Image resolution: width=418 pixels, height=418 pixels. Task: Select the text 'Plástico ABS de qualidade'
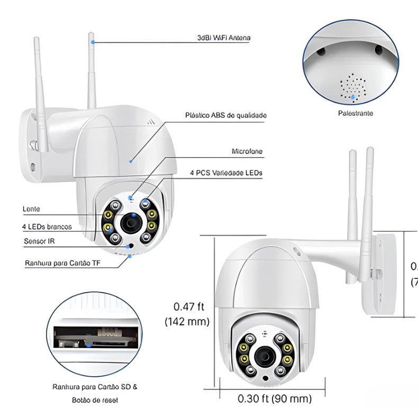coord(226,115)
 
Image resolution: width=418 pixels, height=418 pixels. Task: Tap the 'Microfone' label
coord(247,151)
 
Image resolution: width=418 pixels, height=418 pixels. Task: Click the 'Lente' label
coord(31,210)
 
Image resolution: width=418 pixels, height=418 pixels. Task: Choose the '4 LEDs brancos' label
coord(47,226)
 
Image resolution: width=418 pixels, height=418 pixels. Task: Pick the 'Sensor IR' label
coord(39,241)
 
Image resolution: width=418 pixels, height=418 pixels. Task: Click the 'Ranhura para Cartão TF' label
coord(62,262)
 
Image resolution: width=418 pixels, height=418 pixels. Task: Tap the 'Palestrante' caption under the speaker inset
coord(356,113)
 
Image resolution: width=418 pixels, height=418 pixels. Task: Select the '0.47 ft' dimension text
coord(189,306)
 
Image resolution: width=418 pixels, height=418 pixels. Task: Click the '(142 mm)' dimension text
coord(187,321)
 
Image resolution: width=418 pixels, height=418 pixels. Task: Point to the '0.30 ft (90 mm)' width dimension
coord(274,398)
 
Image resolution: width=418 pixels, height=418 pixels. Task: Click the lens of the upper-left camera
coord(130,224)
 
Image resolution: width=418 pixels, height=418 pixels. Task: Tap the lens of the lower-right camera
coord(263,357)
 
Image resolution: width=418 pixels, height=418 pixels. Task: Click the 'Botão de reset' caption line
coord(95,400)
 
